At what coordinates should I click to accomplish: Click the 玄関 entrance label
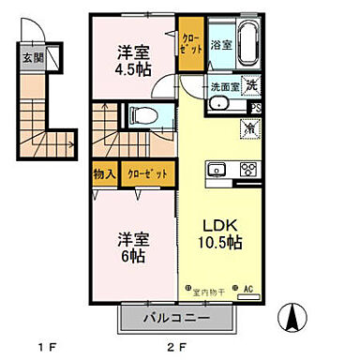(x=31, y=56)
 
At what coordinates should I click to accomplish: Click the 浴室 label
(x=220, y=44)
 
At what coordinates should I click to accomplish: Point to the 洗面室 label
(x=225, y=86)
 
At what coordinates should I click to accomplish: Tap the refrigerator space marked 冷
(x=250, y=127)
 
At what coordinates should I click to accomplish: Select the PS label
(x=257, y=108)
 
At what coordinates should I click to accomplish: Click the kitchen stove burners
(x=249, y=170)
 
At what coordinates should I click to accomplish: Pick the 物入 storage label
(x=104, y=174)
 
